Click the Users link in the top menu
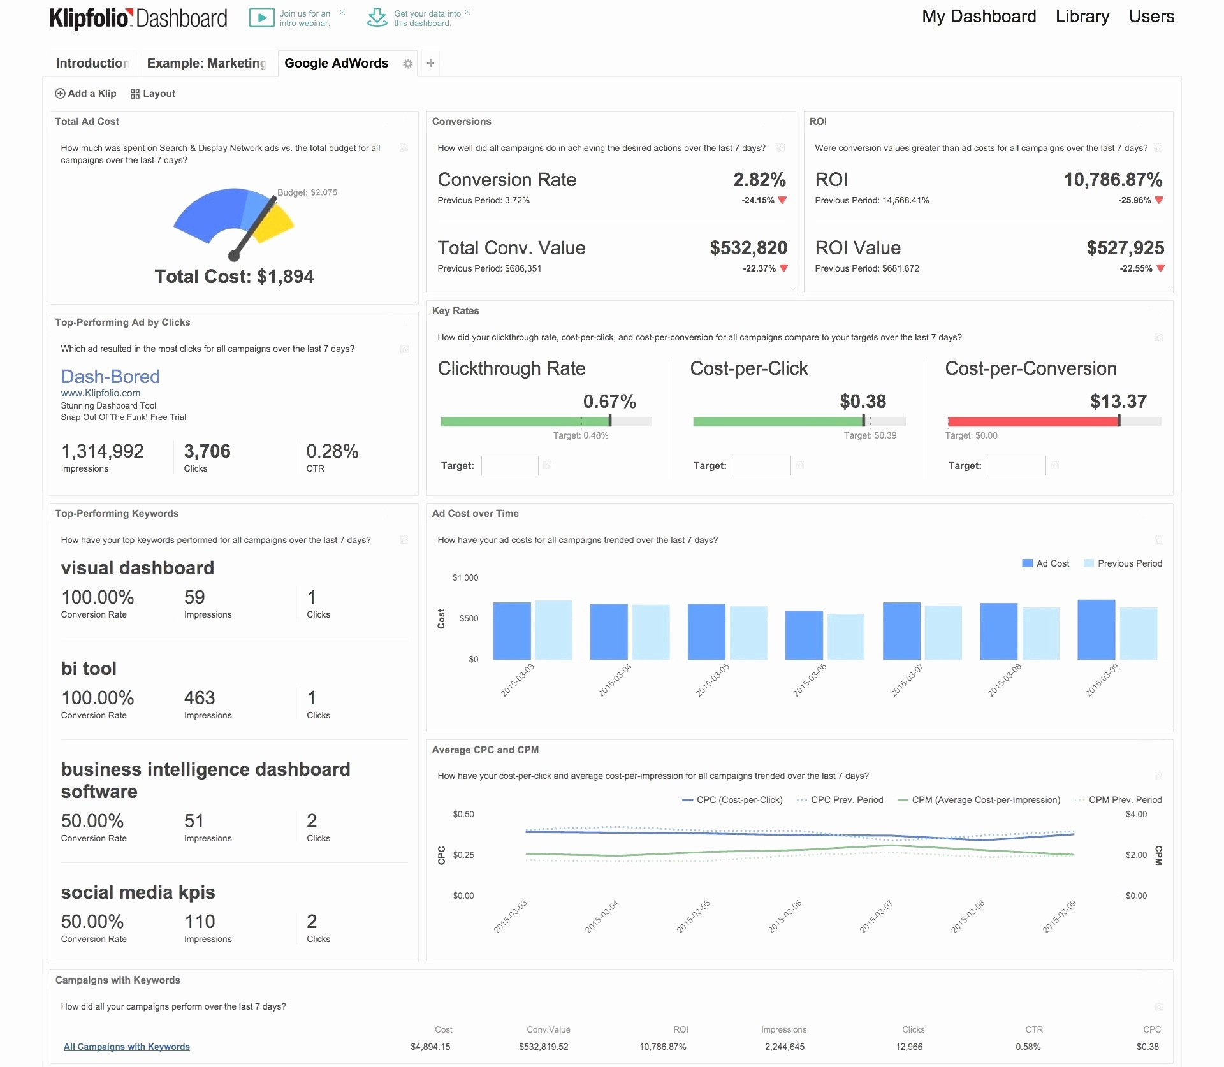(x=1151, y=17)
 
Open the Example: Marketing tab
(x=207, y=63)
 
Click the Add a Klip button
(x=86, y=94)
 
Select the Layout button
(x=153, y=94)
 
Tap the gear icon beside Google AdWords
(x=408, y=64)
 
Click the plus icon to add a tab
(x=431, y=63)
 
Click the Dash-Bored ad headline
(x=110, y=377)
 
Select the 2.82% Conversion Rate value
(x=759, y=180)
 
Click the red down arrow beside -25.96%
(x=1159, y=200)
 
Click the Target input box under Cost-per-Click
(x=762, y=466)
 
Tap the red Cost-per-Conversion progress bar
(x=1033, y=421)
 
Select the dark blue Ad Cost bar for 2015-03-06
(x=804, y=635)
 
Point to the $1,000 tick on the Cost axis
(x=465, y=578)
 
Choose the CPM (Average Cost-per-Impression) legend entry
(x=979, y=800)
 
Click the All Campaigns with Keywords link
(x=127, y=1047)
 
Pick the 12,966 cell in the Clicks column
(x=909, y=1047)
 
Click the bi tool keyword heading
(x=89, y=669)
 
